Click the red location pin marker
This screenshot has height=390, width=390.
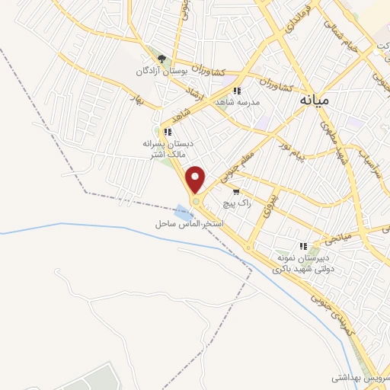197,180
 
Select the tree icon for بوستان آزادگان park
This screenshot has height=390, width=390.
160,58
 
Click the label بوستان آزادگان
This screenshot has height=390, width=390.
161,71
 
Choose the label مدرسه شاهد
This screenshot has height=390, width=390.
238,102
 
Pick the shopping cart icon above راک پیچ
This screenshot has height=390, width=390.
237,192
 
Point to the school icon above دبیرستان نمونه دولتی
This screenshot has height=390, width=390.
303,246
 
